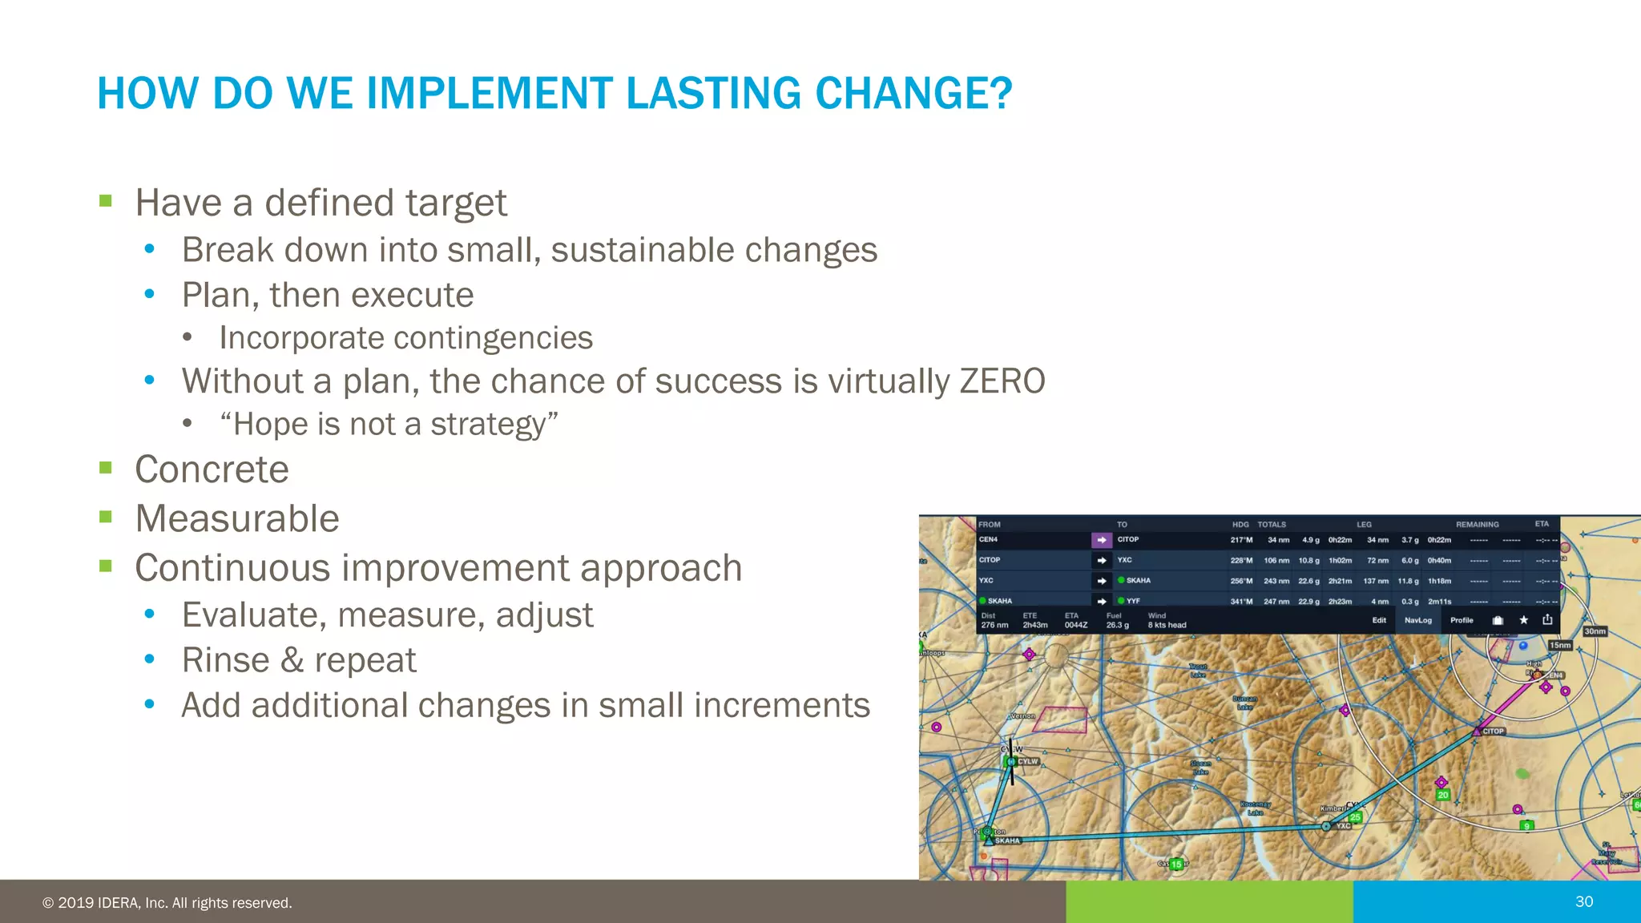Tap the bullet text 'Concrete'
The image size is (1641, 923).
point(212,470)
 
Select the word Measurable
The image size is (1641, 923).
point(237,518)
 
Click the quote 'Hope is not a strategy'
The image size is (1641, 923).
point(389,425)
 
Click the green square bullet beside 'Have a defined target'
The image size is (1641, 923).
point(106,201)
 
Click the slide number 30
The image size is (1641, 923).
point(1583,901)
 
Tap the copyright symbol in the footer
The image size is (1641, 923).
point(48,903)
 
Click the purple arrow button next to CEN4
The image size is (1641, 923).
point(1101,540)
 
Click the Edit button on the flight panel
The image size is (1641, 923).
point(1379,620)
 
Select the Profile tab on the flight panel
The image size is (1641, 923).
point(1462,620)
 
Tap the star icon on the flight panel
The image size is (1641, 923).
point(1524,620)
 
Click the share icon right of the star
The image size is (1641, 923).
point(1547,619)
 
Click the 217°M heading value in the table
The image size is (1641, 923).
point(1241,540)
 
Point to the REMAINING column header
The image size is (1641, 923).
point(1477,525)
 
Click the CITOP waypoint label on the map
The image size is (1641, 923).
point(1493,731)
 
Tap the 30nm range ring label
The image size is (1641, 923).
point(1595,631)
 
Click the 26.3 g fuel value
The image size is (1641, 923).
point(1117,625)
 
